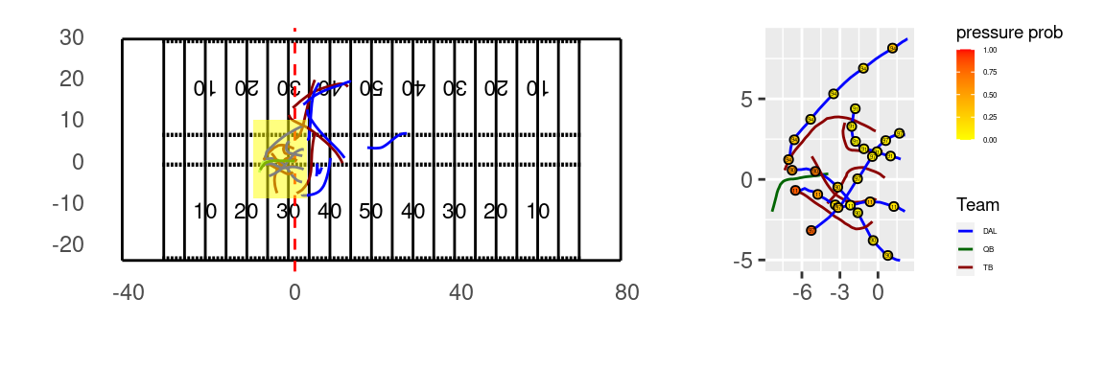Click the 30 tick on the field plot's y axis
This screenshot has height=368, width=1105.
coord(72,37)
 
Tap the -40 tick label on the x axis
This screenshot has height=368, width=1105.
coord(128,292)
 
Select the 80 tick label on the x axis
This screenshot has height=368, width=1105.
coord(627,292)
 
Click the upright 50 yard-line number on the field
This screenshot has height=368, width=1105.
coord(370,211)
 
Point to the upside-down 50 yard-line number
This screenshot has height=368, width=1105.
coord(370,88)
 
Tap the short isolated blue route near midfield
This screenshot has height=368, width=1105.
coord(388,141)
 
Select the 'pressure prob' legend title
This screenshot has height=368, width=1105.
coord(1009,33)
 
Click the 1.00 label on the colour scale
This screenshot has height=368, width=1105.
coord(990,50)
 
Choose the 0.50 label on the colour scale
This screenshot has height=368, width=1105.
coord(990,95)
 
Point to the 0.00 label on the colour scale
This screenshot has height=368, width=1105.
coord(990,140)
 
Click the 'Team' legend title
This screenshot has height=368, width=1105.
coord(977,205)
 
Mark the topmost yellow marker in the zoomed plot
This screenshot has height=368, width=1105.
coord(892,48)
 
